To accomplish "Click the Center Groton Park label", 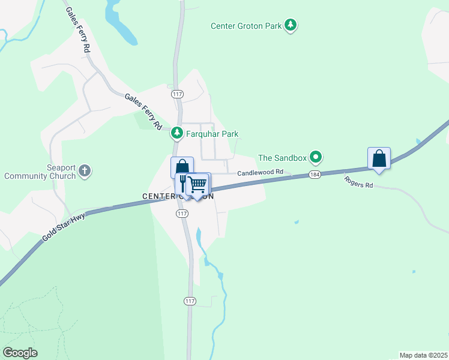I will (247, 26).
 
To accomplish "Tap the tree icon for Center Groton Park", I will (291, 25).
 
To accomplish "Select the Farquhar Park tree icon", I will (176, 133).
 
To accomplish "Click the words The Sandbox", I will (282, 158).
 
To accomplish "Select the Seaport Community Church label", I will (40, 172).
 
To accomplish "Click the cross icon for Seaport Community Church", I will (85, 171).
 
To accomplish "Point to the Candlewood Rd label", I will (260, 172).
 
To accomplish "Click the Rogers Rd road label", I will (359, 182).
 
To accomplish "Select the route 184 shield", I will (315, 174).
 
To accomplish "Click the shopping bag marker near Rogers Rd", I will (379, 158).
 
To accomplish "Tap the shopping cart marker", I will (197, 184).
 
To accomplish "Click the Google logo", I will (20, 352).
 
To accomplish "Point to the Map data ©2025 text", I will (423, 355).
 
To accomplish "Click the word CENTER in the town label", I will (158, 196).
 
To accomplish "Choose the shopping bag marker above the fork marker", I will (182, 167).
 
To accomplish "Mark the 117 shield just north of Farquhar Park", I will (177, 95).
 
